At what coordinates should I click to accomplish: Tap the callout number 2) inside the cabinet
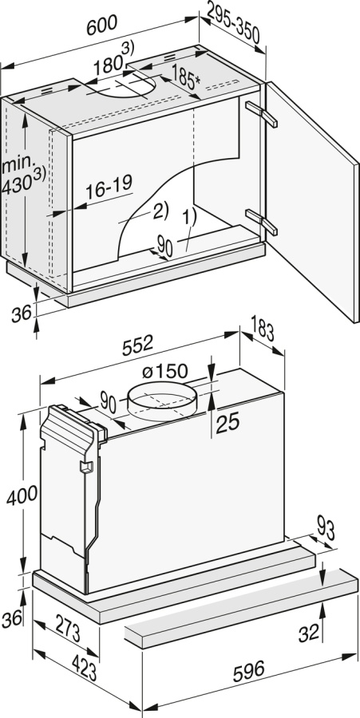[x=160, y=211]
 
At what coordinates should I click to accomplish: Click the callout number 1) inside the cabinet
[x=188, y=216]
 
